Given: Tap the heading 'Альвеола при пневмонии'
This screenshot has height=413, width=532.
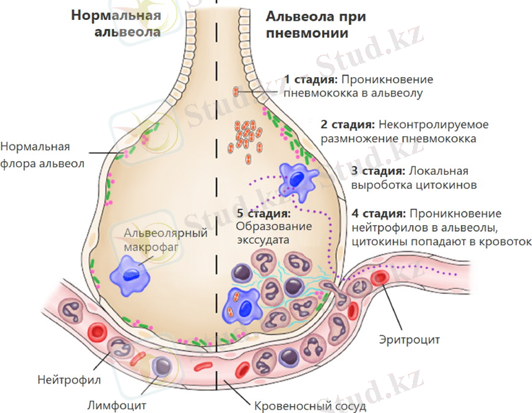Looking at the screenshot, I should tap(307, 23).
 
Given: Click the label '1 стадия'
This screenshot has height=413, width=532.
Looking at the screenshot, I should tap(307, 78).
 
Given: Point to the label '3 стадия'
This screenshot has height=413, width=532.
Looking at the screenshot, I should tap(377, 171).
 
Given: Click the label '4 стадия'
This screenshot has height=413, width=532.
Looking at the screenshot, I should tap(377, 213).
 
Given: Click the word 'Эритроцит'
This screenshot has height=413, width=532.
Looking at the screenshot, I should tap(409, 339).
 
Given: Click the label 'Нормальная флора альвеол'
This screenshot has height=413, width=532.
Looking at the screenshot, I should tap(42, 155).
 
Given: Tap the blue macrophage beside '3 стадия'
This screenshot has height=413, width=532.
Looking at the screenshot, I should tap(295, 180).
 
